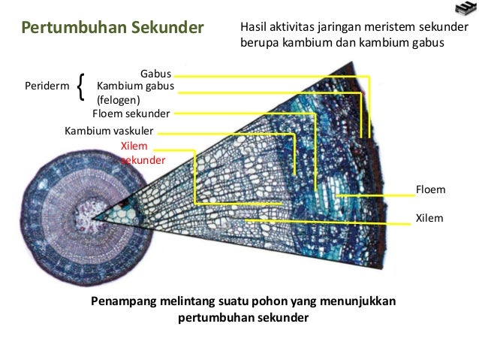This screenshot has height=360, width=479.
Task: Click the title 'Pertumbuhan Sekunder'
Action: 113,29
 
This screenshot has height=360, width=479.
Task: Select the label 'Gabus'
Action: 156,74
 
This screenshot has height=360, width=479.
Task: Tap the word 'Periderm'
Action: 46,87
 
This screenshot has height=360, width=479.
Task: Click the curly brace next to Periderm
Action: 81,88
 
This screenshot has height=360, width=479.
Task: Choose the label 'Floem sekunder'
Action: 131,113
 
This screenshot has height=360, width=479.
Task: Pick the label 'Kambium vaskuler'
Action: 109,131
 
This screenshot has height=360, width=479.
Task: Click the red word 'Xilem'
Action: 135,146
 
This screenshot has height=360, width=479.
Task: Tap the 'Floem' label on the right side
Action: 430,190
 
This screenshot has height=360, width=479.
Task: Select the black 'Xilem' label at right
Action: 429,219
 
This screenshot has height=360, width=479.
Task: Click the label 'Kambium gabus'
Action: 136,87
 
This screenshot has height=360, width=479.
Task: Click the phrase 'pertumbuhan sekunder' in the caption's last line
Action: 244,318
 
